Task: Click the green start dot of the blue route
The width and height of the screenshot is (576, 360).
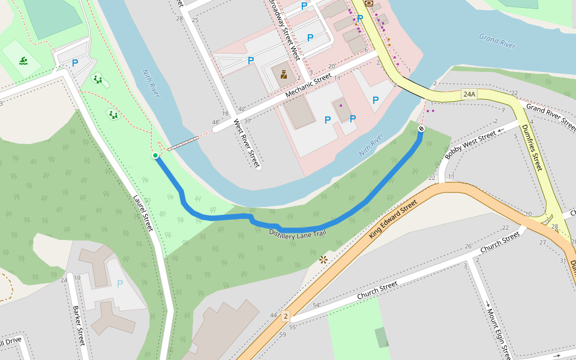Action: coord(155,156)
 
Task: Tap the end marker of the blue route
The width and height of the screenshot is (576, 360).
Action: coord(421,128)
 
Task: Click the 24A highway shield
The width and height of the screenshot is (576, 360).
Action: coord(469,94)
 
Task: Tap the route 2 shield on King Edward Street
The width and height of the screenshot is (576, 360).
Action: coord(286,316)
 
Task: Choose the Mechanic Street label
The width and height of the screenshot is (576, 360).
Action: coord(308,86)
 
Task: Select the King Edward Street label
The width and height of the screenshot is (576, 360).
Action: coord(392,220)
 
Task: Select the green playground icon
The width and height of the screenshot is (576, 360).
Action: coord(23,61)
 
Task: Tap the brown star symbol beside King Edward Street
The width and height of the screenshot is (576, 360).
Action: coord(323,260)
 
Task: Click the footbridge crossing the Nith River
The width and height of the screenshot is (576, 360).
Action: coord(182,143)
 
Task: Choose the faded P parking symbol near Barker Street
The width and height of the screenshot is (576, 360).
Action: coord(120,284)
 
